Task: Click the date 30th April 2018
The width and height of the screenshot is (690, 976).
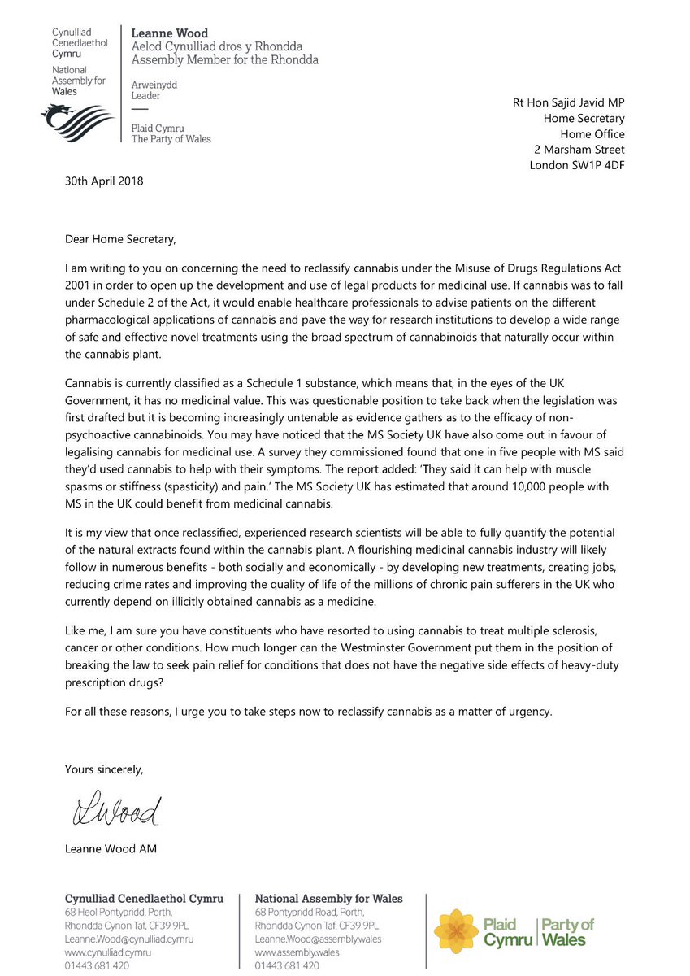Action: (x=104, y=181)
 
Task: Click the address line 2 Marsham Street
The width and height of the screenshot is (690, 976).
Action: (x=579, y=150)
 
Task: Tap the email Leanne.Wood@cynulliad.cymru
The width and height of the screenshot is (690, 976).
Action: (x=129, y=939)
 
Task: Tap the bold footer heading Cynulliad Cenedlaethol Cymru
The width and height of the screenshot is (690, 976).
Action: (x=144, y=899)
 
